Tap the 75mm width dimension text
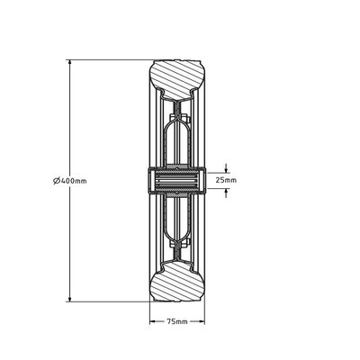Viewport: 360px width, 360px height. [178, 321]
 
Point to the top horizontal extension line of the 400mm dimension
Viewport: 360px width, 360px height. [108, 60]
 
